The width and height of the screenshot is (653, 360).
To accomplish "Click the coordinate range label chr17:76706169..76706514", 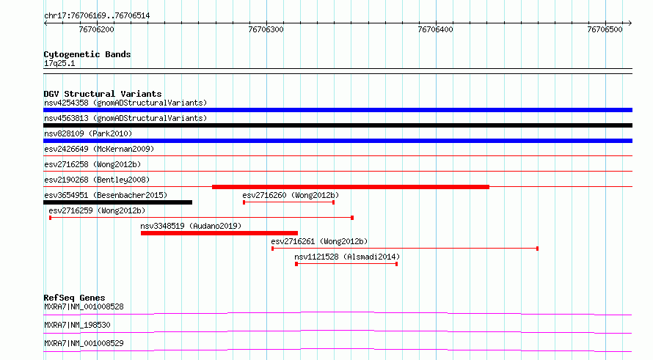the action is [97, 16].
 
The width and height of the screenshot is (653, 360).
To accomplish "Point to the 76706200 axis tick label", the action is [96, 29].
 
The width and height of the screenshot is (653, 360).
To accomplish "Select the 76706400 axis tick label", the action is [435, 29].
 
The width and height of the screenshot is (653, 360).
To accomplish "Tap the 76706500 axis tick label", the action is [605, 29].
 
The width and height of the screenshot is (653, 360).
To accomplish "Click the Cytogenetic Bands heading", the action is [87, 54].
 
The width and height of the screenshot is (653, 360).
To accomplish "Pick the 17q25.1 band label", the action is [59, 63].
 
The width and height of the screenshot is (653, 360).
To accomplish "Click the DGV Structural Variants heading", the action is [103, 94].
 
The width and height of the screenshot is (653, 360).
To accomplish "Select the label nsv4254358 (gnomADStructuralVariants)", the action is [125, 103].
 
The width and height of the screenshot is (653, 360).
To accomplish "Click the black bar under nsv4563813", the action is [338, 125].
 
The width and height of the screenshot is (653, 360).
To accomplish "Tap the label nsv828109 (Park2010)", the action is [88, 133].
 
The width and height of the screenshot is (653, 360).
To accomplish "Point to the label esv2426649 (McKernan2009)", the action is [99, 149].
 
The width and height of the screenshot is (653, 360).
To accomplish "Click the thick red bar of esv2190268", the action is [351, 187].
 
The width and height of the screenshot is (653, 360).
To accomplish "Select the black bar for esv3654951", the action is [118, 202].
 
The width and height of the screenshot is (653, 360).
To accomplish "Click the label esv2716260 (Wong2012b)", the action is [291, 195].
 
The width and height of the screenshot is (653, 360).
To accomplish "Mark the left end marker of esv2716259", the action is [51, 218].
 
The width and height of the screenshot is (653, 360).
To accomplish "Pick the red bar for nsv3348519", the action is [219, 233].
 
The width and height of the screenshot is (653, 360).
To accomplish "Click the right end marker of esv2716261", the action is [537, 249].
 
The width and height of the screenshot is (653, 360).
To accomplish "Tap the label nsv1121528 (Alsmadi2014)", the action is [347, 257].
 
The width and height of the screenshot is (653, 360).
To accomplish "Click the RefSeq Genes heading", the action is [75, 298].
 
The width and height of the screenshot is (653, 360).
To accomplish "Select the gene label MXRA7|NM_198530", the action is [77, 325].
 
